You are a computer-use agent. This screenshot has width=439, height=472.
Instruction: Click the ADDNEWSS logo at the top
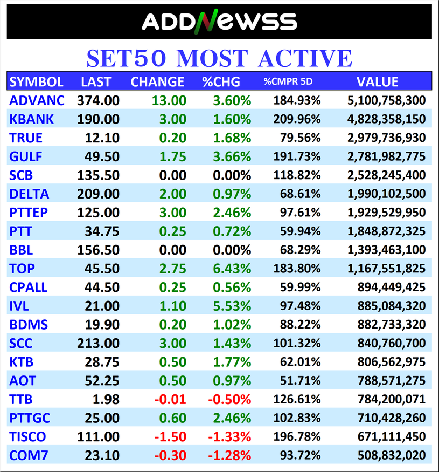point(219,22)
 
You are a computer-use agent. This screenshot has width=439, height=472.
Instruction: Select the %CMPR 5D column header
point(288,82)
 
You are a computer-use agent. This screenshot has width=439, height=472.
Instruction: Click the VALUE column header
point(377,82)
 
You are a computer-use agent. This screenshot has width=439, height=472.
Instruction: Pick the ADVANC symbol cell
point(37,100)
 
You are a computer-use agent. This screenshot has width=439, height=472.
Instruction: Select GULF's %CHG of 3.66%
point(227,157)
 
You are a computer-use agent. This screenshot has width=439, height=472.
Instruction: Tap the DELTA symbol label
point(29,194)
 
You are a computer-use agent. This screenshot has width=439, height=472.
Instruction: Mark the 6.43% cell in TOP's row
point(227,269)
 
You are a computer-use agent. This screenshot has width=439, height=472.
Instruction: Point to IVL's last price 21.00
point(102,306)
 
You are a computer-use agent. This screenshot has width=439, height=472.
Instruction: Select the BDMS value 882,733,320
point(392,325)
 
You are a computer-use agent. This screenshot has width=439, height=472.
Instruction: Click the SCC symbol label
point(22,344)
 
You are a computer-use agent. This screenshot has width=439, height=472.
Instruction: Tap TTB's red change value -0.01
point(170,400)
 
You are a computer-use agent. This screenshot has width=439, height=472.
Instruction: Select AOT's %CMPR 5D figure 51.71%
point(301,381)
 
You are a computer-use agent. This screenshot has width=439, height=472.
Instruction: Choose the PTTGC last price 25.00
point(102,418)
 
